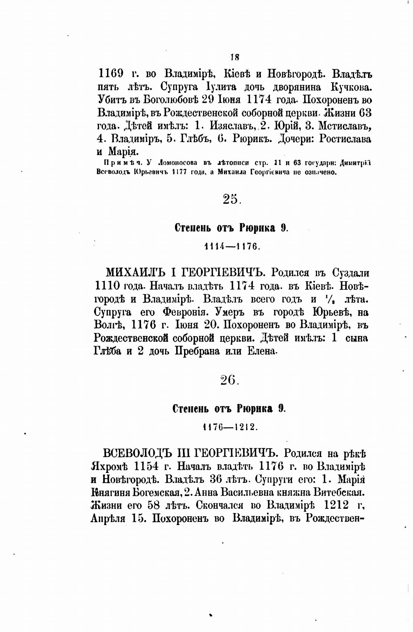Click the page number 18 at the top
[234, 57]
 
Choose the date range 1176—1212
[230, 427]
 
